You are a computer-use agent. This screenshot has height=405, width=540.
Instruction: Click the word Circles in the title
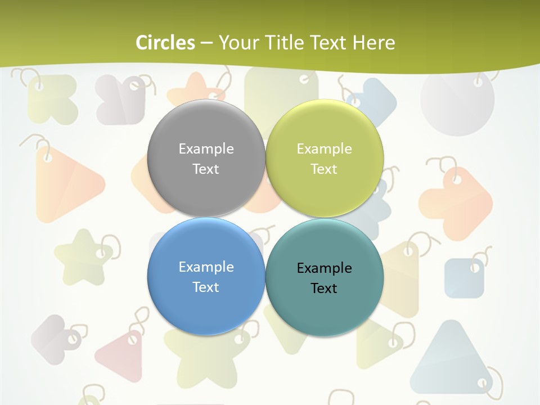[x=165, y=43]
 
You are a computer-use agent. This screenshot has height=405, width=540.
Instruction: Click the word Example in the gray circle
[x=206, y=148]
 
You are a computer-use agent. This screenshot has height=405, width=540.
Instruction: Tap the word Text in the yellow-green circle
[x=324, y=169]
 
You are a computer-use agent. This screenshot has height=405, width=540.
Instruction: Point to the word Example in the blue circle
[x=206, y=267]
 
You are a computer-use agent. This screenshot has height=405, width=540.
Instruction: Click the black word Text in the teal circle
[x=324, y=288]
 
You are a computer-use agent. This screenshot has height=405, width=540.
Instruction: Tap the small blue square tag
[x=464, y=278]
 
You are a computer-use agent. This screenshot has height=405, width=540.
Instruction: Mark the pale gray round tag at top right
[x=457, y=101]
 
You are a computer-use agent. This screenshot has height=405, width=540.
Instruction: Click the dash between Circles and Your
[x=206, y=43]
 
